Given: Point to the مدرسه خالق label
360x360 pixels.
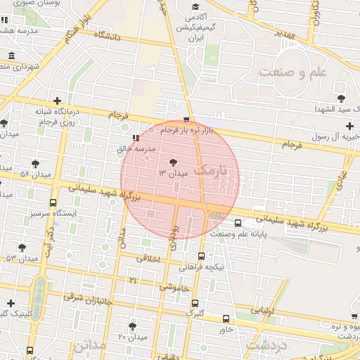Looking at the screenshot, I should pyautogui.click(x=134, y=148).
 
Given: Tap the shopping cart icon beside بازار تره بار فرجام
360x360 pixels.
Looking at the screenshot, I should pyautogui.click(x=186, y=120).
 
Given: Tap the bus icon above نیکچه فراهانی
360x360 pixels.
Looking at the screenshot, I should pyautogui.click(x=202, y=257).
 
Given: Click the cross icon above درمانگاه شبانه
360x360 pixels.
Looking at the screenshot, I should pyautogui.click(x=57, y=101).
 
